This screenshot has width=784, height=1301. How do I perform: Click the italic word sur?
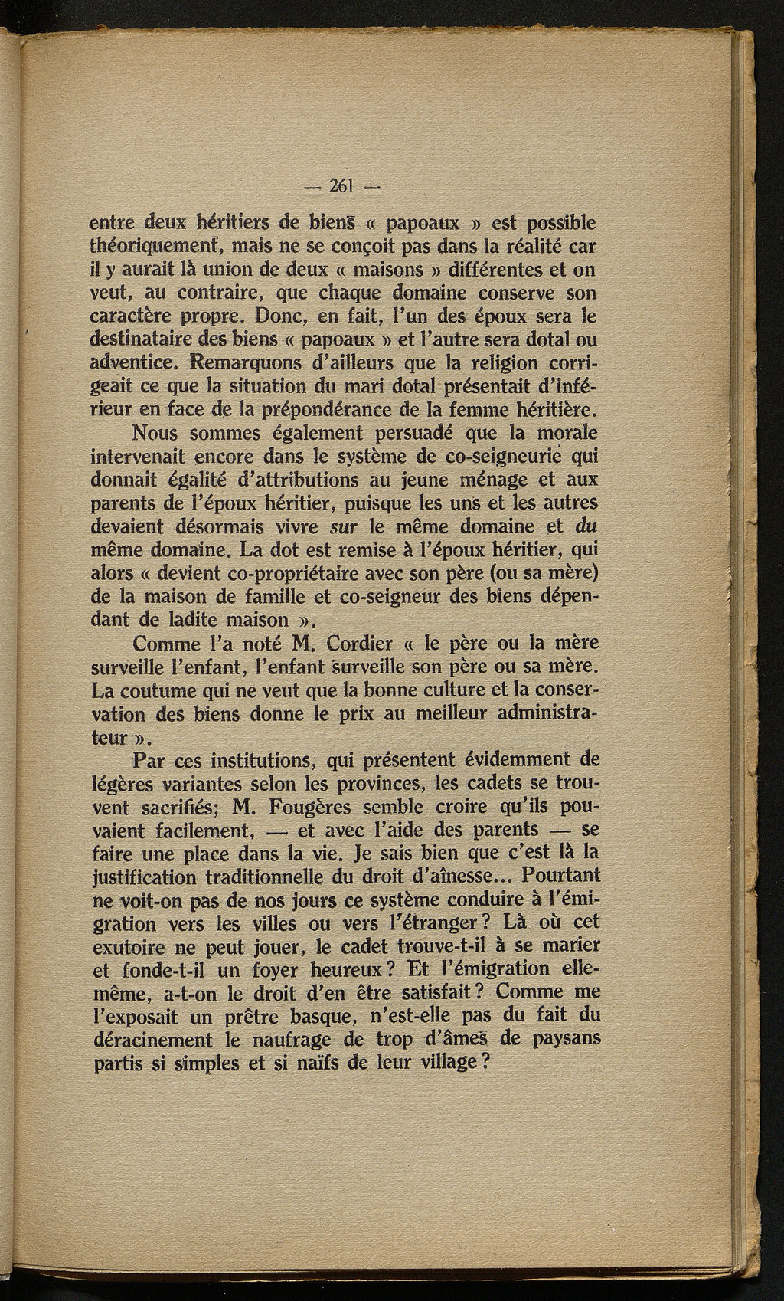point(340,526)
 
